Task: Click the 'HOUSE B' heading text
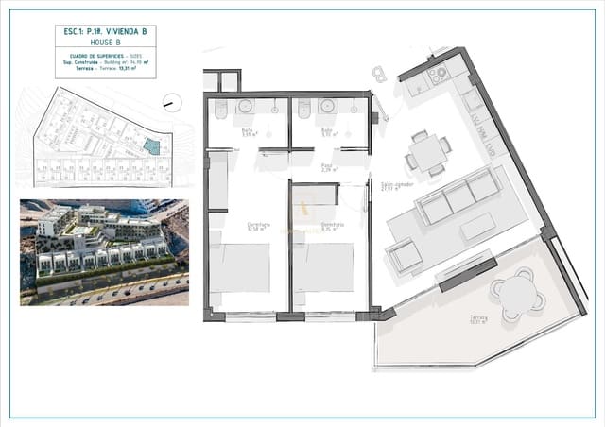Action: click(105, 43)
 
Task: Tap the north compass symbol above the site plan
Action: click(170, 103)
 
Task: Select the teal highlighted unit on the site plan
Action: click(152, 145)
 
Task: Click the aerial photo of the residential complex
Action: click(104, 252)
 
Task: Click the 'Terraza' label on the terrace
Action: click(480, 319)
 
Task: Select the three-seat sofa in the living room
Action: click(458, 195)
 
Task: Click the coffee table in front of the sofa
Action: click(477, 228)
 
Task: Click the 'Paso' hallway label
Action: click(325, 164)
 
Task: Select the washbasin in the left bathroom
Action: click(245, 106)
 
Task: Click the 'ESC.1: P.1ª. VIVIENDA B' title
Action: click(105, 31)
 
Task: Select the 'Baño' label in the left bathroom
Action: click(247, 130)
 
